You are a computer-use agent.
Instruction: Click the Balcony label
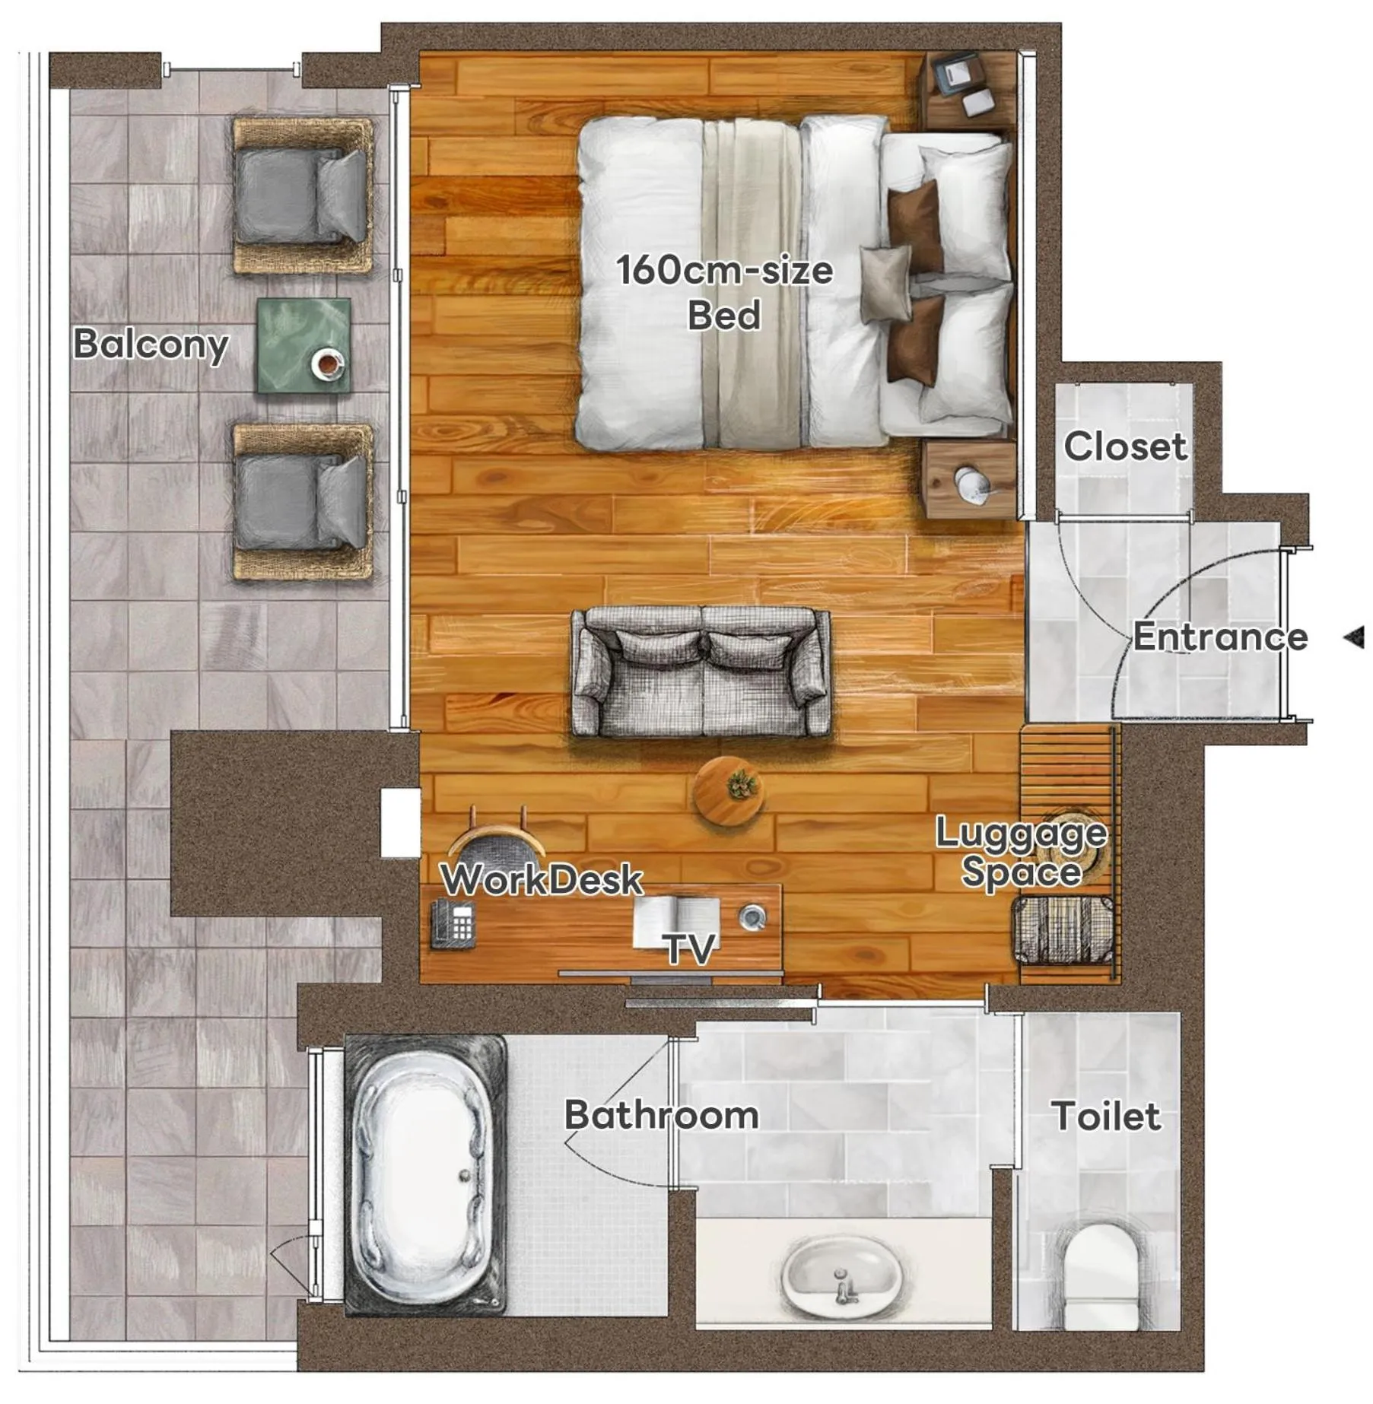pos(151,344)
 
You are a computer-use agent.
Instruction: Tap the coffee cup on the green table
pos(328,364)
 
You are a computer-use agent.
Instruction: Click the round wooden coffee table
pos(729,791)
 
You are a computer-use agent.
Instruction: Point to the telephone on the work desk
pos(453,923)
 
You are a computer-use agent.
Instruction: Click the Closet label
pos(1124,446)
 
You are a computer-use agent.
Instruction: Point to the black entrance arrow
pos(1354,637)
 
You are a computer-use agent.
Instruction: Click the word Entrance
pos(1219,637)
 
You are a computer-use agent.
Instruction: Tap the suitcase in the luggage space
pos(1063,930)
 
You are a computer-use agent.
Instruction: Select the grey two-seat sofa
pos(701,672)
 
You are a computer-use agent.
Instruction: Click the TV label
pos(690,948)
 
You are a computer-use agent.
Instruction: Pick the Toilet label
pos(1106,1117)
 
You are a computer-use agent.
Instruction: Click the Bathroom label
pos(661,1115)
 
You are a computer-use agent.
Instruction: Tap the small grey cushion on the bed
pos(885,282)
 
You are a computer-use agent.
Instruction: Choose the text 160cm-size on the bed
pos(724,270)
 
